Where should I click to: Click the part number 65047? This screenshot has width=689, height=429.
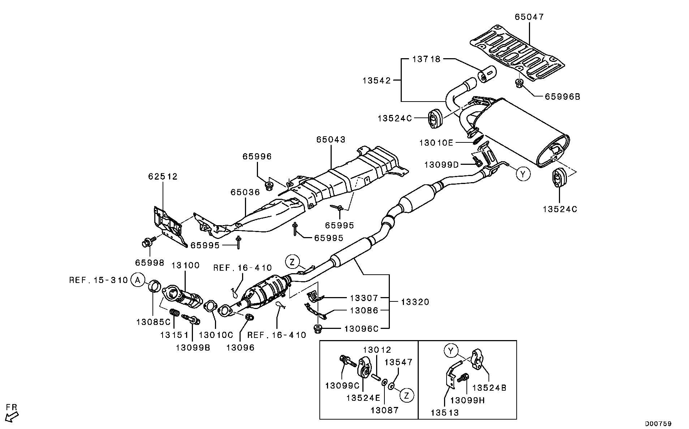pyautogui.click(x=529, y=17)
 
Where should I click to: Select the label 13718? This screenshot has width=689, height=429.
pyautogui.click(x=426, y=59)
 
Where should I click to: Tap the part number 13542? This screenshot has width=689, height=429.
pyautogui.click(x=377, y=81)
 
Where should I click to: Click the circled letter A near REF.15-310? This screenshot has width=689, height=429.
pyautogui.click(x=137, y=280)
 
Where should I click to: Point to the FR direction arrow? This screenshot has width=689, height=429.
pyautogui.click(x=13, y=415)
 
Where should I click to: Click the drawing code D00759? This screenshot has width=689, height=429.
pyautogui.click(x=658, y=423)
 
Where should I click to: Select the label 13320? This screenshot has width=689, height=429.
pyautogui.click(x=415, y=302)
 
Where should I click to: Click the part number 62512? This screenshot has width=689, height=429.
pyautogui.click(x=163, y=176)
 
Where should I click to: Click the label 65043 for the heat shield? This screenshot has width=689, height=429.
pyautogui.click(x=331, y=140)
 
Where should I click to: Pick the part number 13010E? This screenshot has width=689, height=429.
pyautogui.click(x=436, y=143)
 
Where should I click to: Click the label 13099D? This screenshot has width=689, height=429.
pyautogui.click(x=441, y=165)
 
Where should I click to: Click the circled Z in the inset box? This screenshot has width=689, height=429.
pyautogui.click(x=406, y=395)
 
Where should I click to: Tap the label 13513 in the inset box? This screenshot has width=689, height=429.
pyautogui.click(x=444, y=412)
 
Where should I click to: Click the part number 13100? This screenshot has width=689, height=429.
pyautogui.click(x=185, y=265)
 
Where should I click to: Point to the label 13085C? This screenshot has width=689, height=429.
pyautogui.click(x=153, y=322)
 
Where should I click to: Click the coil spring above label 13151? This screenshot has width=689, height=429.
pyautogui.click(x=175, y=312)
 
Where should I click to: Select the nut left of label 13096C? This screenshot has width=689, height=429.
pyautogui.click(x=318, y=329)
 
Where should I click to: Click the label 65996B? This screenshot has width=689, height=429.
pyautogui.click(x=562, y=97)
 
